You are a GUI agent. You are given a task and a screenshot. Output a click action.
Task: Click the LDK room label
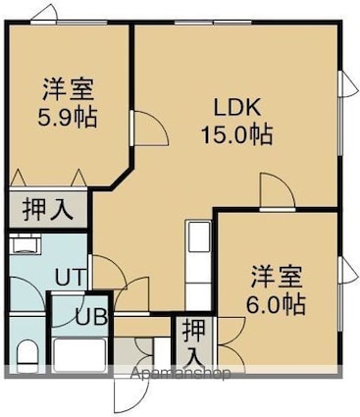pyautogui.click(x=237, y=108)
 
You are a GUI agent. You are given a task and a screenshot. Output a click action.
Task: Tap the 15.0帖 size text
pyautogui.click(x=237, y=134)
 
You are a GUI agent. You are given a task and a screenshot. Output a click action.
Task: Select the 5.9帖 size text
pyautogui.click(x=68, y=118)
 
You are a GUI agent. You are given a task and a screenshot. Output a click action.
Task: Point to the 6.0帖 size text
pyautogui.click(x=276, y=304)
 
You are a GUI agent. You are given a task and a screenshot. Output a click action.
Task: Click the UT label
pyautogui.click(x=71, y=277)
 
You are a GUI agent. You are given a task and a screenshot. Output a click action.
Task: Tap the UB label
pyautogui.click(x=92, y=316)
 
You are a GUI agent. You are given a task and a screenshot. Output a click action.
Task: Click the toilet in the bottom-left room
pyautogui.click(x=26, y=356)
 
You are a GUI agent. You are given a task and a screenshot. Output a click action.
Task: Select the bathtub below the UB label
pyautogui.click(x=79, y=355)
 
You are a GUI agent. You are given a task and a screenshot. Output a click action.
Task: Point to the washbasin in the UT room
pyautogui.click(x=25, y=244)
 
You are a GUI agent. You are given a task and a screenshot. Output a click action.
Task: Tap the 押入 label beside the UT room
pyautogui.click(x=48, y=210)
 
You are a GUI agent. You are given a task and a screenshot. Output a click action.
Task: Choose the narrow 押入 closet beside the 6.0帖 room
pyautogui.click(x=194, y=345)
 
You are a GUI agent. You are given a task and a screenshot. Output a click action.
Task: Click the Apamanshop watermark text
pyautogui.click(x=180, y=373)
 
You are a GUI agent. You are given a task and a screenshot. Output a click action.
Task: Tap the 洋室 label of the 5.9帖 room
pyautogui.click(x=69, y=90)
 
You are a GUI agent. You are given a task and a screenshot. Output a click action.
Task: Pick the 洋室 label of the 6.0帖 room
pyautogui.click(x=277, y=276)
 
